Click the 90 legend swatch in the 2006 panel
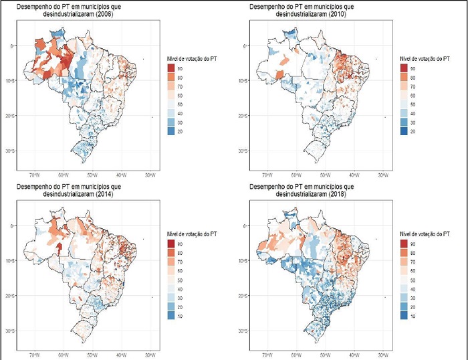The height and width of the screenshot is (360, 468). point(172,69)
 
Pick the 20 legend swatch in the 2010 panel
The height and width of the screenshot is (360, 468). point(403,132)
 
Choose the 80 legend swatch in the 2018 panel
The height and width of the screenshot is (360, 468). point(403,258)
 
